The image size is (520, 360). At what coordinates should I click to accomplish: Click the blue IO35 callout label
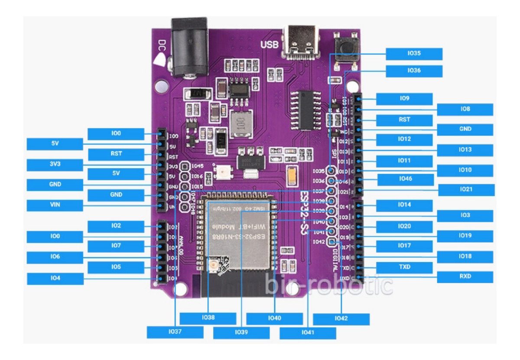pos(414,54)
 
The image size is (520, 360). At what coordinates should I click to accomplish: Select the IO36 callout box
pos(414,71)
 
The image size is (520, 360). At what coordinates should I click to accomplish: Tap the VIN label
pos(55,205)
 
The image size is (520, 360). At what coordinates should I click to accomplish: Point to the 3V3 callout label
pos(55,165)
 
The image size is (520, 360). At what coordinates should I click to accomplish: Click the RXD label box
pos(465,277)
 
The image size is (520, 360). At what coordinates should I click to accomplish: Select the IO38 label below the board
pos(208,318)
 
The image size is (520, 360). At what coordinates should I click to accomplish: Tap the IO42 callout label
pos(341,319)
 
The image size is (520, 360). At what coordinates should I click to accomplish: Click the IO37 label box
pos(175,332)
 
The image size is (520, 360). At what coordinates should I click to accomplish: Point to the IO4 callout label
pos(55,279)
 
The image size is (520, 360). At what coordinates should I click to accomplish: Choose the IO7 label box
pos(116,246)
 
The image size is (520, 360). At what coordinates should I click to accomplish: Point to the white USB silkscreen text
pos(269,45)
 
